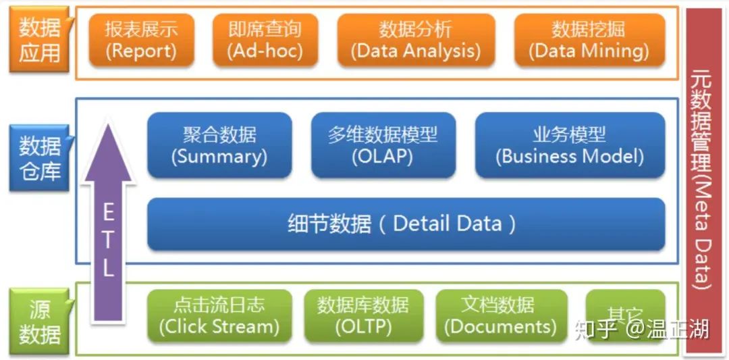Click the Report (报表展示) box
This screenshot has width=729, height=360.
coord(141,40)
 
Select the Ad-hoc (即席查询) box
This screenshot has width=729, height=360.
coord(265,40)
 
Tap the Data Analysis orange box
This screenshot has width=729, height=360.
coord(416,40)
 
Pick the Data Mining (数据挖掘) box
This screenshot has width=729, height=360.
coord(589,40)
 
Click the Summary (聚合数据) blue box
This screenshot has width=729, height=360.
coord(219,145)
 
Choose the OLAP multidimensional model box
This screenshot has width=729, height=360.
coord(383,145)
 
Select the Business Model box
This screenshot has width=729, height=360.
coord(570,145)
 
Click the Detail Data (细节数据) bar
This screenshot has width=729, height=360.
coord(406,224)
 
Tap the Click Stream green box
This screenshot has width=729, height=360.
coord(219,315)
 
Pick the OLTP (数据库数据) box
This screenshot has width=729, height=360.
coord(363,315)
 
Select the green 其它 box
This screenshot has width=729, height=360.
coord(624,314)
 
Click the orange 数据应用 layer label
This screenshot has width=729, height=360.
coord(40,40)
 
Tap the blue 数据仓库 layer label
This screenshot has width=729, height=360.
coord(40,158)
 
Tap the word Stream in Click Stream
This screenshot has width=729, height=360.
coord(244,327)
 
